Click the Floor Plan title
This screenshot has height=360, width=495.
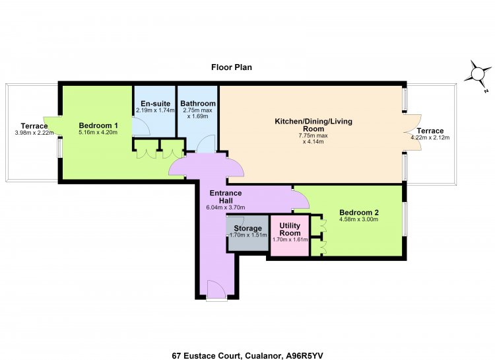coord(232,67)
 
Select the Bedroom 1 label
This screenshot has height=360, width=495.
coord(98,126)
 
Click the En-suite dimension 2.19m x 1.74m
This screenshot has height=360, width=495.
coord(155,110)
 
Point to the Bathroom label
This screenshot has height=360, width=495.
coord(198,103)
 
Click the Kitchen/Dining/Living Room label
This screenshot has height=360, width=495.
coord(313,125)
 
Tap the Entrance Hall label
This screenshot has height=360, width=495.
coord(226,197)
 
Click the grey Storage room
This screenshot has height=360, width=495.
coord(248,233)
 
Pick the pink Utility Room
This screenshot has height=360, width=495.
coord(290,235)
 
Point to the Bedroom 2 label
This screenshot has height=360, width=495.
coord(359,213)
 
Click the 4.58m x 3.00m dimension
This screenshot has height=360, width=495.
coord(359,219)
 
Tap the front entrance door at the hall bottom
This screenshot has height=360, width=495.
coord(216,290)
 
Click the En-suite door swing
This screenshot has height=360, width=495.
coord(141,126)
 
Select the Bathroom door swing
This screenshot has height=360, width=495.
coord(206,144)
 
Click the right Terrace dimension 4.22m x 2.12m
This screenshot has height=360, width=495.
coord(430,137)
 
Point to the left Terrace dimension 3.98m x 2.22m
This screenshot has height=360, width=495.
coord(34,133)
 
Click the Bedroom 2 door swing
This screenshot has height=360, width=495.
coord(300,199)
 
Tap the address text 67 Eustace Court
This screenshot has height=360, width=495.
coord(207,355)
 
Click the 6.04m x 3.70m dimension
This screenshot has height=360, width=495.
coord(226,207)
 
